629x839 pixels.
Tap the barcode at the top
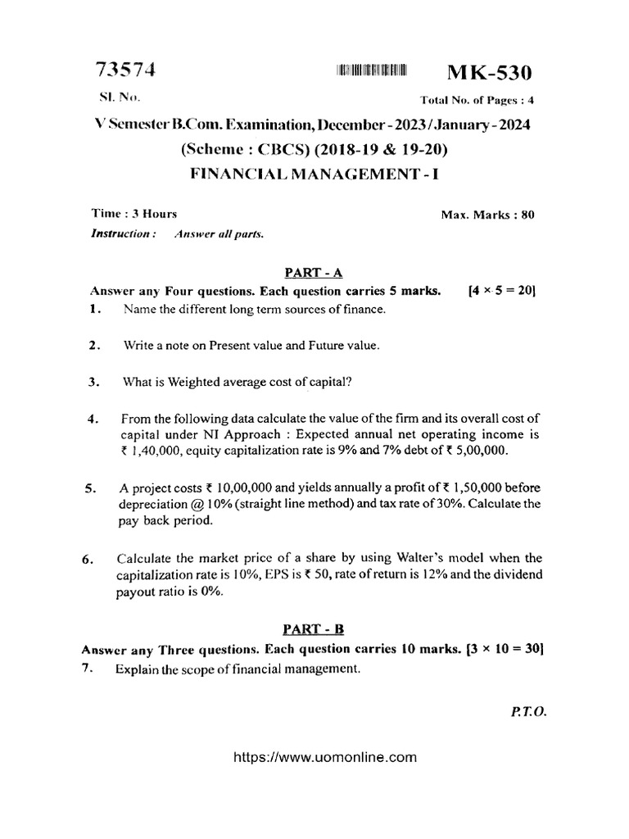click(371, 72)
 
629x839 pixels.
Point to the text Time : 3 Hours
click(134, 214)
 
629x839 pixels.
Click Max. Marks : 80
click(487, 215)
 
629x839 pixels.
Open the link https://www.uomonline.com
click(314, 757)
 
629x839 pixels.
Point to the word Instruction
click(122, 234)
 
